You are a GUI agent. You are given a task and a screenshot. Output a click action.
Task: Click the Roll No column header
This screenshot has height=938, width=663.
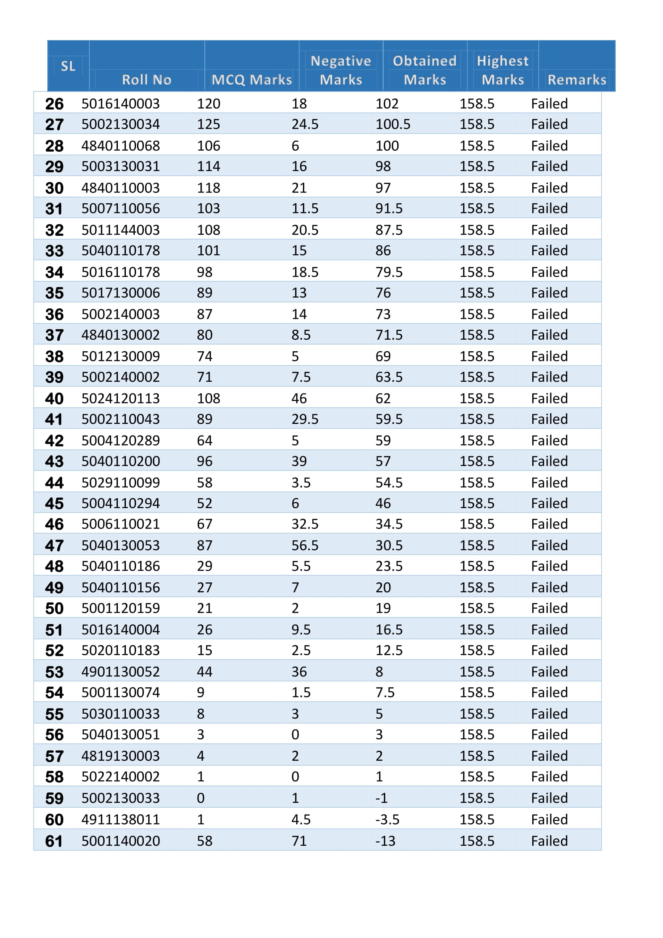147,80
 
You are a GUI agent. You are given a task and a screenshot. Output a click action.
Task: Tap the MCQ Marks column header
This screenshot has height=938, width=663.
251,80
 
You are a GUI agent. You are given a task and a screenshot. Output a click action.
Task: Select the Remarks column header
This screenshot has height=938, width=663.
576,80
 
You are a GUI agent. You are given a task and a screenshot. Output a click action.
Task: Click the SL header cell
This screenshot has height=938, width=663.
68,66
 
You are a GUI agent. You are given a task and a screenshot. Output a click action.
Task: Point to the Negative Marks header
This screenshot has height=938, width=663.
340,70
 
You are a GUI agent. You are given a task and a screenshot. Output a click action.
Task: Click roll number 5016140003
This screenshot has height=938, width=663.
120,104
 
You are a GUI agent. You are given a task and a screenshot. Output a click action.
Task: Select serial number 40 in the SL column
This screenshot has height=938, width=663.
54,399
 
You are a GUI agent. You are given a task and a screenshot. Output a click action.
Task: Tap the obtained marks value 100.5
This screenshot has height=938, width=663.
393,124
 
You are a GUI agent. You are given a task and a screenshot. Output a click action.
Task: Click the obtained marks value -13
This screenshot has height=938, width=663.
385,841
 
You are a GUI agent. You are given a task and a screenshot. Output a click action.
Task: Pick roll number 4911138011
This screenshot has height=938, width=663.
120,820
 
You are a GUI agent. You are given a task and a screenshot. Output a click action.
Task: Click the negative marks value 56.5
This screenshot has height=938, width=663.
305,545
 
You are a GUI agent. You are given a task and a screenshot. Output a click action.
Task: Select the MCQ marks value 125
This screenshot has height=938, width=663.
208,124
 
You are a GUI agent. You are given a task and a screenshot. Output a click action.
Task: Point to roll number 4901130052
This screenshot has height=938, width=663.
120,672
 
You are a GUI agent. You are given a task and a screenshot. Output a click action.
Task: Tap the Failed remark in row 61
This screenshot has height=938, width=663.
549,841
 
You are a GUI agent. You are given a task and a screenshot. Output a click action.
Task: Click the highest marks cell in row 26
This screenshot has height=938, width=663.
477,104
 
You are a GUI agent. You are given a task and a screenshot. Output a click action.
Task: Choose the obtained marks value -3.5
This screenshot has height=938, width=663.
387,820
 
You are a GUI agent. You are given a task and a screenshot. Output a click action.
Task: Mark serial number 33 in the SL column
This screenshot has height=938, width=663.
54,251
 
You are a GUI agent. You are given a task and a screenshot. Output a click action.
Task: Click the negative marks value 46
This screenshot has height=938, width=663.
299,399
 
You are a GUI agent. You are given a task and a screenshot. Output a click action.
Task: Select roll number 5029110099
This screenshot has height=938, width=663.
120,483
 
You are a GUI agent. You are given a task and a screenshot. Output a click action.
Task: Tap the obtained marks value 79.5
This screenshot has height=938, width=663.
389,272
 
